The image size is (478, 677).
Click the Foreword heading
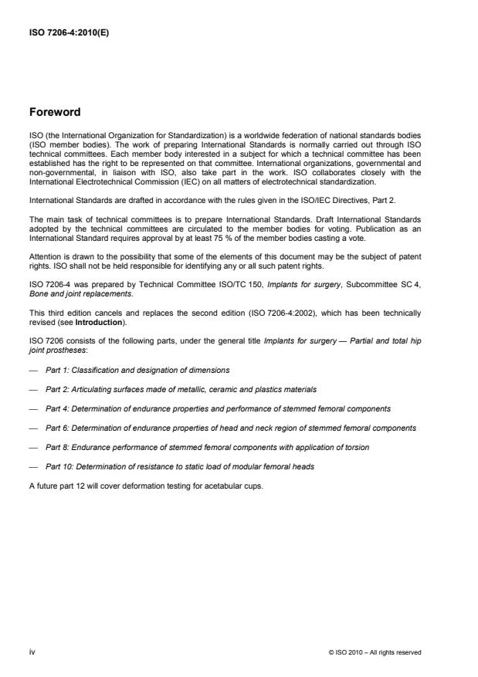pos(55,112)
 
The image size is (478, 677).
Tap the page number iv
pos(33,652)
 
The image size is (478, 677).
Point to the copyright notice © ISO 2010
pos(374,652)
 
